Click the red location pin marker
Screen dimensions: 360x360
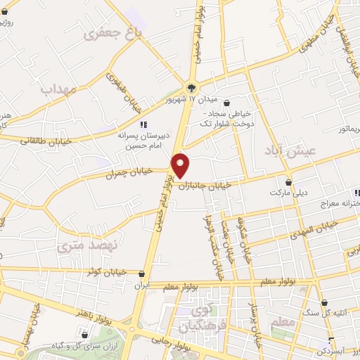[x=181, y=165]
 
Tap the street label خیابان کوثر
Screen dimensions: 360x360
[x=104, y=271]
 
